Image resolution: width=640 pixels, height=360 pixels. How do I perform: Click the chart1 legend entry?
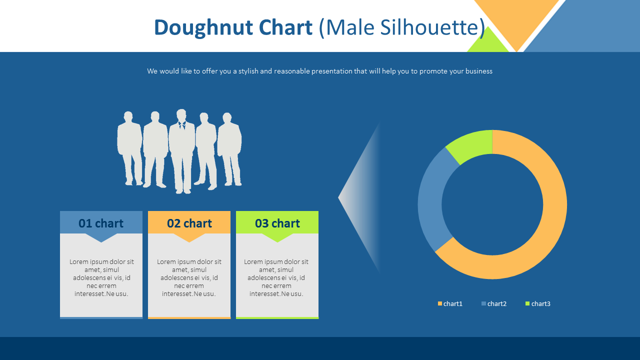pyautogui.click(x=450, y=303)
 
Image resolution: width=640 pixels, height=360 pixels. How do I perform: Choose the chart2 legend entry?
pyautogui.click(x=494, y=303)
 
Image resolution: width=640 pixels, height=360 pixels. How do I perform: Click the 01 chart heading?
pyautogui.click(x=101, y=223)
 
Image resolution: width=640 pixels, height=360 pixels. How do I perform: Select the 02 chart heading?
pyautogui.click(x=189, y=223)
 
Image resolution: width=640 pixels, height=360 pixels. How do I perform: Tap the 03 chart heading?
pyautogui.click(x=277, y=223)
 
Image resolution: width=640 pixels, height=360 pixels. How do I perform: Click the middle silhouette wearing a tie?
pyautogui.click(x=181, y=151)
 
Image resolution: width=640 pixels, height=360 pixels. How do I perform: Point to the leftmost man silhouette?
pyautogui.click(x=129, y=148)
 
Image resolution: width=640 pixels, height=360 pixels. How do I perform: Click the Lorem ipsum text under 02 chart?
pyautogui.click(x=189, y=277)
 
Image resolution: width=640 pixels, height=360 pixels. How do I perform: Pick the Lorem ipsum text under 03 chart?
pyautogui.click(x=276, y=277)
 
